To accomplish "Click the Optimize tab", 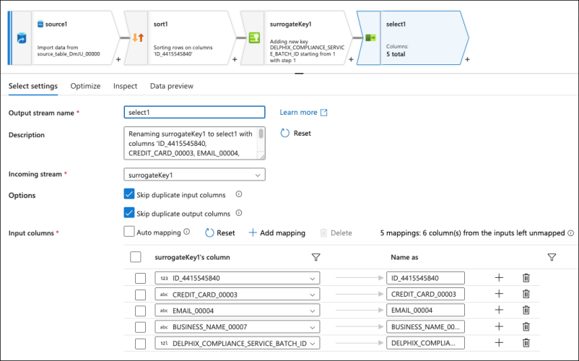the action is click(85, 86).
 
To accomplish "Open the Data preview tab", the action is click(171, 86).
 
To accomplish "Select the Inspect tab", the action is click(125, 86).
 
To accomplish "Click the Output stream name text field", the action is click(194, 112).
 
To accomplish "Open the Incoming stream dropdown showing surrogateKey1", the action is click(194, 175).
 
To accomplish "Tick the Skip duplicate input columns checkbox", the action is click(129, 194).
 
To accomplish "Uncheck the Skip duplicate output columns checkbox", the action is click(129, 213).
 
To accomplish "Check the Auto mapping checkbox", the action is click(129, 232).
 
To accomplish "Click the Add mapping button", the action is click(277, 233).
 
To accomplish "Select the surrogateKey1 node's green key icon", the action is click(254, 38).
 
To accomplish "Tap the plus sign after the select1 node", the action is click(468, 59).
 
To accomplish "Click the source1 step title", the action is click(56, 24).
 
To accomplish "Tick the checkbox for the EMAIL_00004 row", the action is click(140, 310).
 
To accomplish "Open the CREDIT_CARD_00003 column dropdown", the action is click(237, 295).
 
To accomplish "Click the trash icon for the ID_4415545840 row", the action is click(526, 278).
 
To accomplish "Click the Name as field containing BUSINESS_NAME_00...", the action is click(425, 326).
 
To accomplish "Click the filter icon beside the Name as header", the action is click(552, 257).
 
